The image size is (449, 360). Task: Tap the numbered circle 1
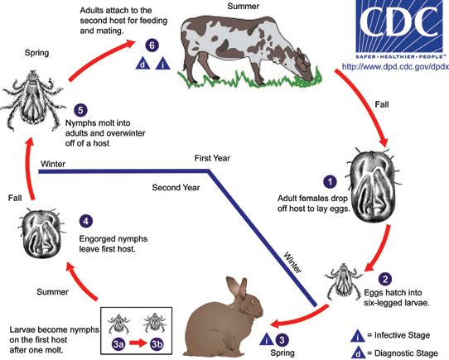coord(329,180)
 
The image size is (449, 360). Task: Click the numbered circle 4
coord(85,222)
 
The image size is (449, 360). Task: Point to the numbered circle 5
coord(80,109)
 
